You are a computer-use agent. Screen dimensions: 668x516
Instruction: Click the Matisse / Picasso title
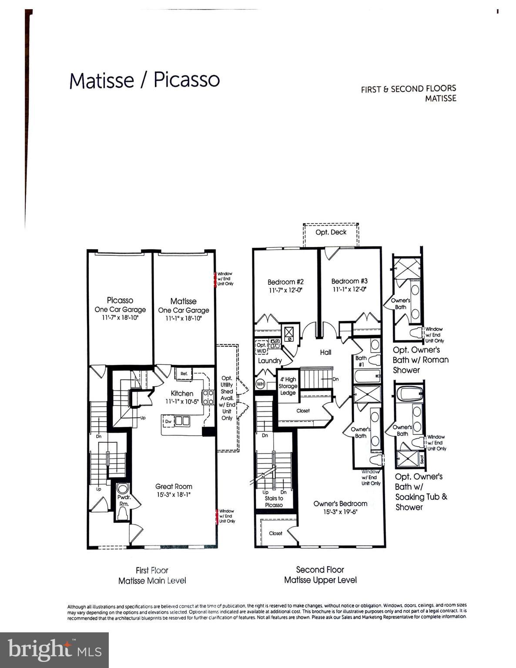(x=144, y=80)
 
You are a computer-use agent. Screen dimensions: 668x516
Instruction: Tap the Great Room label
(x=174, y=487)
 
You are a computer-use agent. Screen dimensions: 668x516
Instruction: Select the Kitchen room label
(x=182, y=393)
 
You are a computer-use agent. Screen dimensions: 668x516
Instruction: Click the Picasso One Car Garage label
(x=120, y=305)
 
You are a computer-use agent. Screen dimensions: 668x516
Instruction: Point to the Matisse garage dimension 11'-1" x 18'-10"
(x=183, y=318)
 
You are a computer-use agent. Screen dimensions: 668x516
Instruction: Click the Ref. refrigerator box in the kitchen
(x=184, y=374)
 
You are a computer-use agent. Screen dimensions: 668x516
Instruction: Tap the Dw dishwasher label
(x=168, y=421)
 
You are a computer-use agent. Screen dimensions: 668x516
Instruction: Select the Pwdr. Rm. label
(x=124, y=500)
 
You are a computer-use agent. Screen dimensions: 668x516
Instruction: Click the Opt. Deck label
(x=331, y=232)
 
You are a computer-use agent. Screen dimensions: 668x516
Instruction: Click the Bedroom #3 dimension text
(x=349, y=289)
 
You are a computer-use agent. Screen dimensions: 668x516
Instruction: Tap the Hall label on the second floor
(x=325, y=352)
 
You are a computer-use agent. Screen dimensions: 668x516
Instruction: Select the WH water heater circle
(x=260, y=384)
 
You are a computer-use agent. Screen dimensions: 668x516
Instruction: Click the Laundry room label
(x=270, y=361)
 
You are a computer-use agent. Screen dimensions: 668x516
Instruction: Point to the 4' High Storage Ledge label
(x=288, y=386)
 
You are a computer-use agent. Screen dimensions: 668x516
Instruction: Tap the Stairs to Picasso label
(x=274, y=501)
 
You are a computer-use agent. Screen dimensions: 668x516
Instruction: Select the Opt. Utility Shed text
(x=227, y=388)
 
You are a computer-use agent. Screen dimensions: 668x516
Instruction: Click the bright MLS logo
(x=54, y=650)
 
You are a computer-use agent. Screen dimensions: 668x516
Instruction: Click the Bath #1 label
(x=361, y=361)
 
